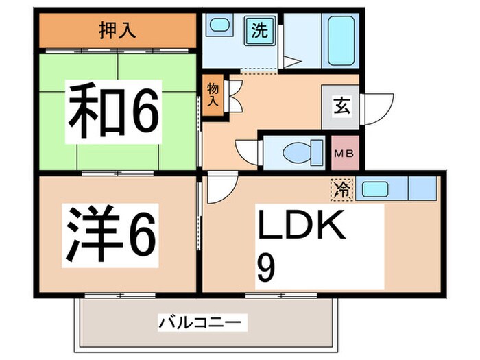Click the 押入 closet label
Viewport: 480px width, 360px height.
pyautogui.click(x=119, y=30)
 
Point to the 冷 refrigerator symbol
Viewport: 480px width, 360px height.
pyautogui.click(x=341, y=189)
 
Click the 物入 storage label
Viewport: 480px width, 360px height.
pyautogui.click(x=212, y=95)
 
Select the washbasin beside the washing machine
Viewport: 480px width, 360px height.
pyautogui.click(x=220, y=28)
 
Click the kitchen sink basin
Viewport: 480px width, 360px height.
pyautogui.click(x=375, y=189)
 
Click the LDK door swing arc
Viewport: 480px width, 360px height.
pyautogui.click(x=221, y=188)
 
